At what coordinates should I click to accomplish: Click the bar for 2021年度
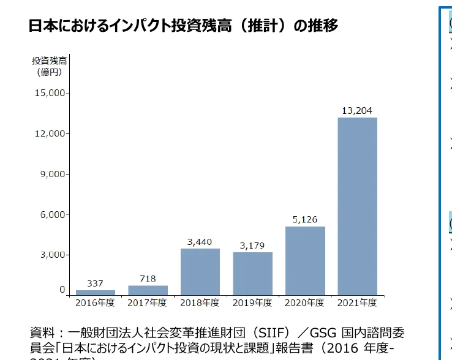tap(357, 206)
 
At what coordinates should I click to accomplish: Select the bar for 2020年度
tap(305, 260)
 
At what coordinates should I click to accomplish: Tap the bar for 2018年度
tap(200, 271)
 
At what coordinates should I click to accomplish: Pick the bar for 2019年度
tap(252, 273)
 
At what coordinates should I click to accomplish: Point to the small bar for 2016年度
tap(95, 292)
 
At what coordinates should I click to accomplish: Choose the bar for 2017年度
tap(148, 290)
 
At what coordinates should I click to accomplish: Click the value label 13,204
tap(357, 110)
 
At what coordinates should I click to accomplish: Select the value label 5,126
tap(305, 219)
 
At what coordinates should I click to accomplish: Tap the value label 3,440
tap(200, 241)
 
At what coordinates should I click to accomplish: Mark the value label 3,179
tap(252, 245)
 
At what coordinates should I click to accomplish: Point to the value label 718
tap(148, 279)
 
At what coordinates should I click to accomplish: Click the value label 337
tap(95, 283)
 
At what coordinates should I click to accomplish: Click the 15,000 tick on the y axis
tap(50, 93)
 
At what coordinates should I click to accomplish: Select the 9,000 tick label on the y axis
tap(52, 174)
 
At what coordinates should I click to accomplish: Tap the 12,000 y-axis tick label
tap(50, 133)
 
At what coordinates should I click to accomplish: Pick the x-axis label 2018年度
tap(200, 302)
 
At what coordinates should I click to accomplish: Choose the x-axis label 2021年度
tap(357, 302)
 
